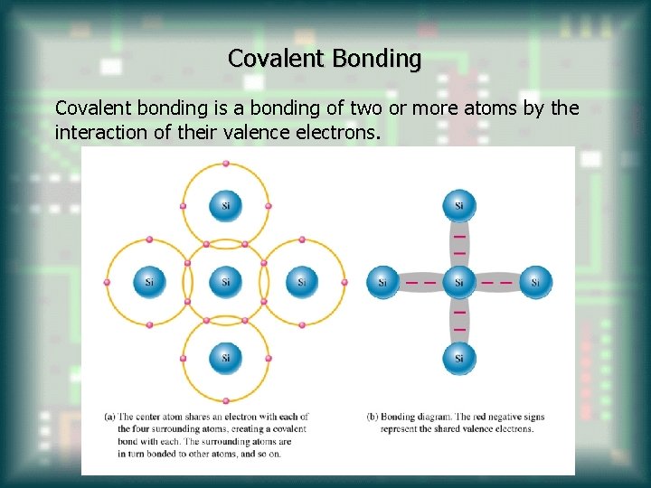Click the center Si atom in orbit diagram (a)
pos(226,282)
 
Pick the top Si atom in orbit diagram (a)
pos(226,205)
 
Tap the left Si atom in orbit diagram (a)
pos(149,282)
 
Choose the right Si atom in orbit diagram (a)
pos(302,282)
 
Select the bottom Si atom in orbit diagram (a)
pos(226,358)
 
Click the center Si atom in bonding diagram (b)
pos(459,282)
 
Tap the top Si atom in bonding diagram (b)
pos(459,205)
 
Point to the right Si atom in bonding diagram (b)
pos(536,282)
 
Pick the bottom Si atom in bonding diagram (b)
pos(459,358)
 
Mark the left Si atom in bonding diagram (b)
pos(382,282)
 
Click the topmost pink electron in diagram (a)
pos(226,164)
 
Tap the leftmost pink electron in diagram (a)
pos(107,282)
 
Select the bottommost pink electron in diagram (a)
pos(226,400)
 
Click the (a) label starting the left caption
pos(109,417)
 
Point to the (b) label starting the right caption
pos(373,417)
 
